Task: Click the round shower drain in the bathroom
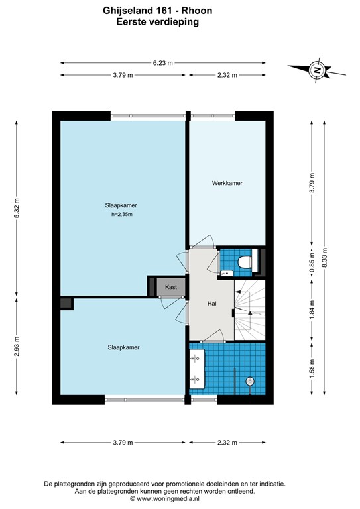[x=250, y=380]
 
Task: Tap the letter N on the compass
[x=317, y=69]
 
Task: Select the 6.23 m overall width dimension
[x=162, y=63]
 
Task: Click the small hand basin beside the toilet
[x=226, y=272]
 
